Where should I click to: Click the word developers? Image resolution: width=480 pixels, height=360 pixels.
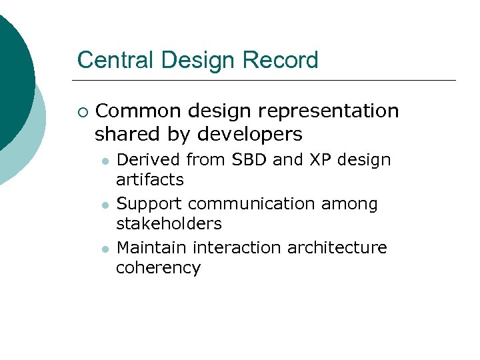(251, 135)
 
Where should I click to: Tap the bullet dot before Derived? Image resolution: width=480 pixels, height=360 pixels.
(104, 161)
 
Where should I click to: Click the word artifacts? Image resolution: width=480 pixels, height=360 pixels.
(150, 180)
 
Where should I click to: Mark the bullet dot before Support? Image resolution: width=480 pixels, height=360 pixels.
(104, 205)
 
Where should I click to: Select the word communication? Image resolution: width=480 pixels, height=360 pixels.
(252, 204)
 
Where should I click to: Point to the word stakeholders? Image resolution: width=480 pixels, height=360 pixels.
(169, 224)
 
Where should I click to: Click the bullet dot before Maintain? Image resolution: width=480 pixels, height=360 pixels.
(104, 249)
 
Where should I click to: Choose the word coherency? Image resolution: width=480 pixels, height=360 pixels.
(158, 268)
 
